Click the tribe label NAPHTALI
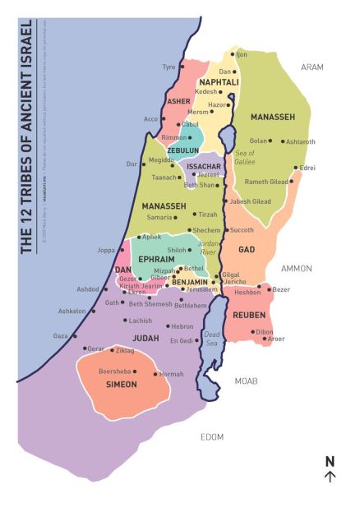[219, 82]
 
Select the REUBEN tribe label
[249, 315]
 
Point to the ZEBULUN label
[182, 150]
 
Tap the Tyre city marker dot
[181, 67]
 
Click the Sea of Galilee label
[245, 158]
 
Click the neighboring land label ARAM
[312, 67]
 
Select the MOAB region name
[247, 381]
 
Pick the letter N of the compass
[330, 461]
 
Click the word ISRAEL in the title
[28, 45]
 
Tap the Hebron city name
[182, 326]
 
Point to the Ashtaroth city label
[300, 141]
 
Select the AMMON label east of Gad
[296, 268]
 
